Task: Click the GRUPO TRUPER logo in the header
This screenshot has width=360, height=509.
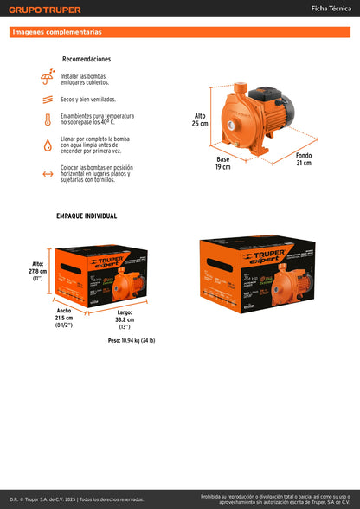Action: click(x=45, y=10)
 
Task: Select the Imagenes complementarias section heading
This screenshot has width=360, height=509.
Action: click(x=57, y=32)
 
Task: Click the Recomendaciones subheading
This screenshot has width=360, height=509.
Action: click(x=87, y=60)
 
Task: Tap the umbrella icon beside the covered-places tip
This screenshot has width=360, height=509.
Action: click(x=47, y=79)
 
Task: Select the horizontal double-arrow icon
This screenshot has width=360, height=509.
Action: click(x=47, y=173)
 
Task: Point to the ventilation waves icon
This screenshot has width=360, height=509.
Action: click(x=47, y=100)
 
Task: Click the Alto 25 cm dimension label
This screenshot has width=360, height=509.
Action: click(x=200, y=119)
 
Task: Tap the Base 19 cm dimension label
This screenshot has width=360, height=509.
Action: click(x=223, y=163)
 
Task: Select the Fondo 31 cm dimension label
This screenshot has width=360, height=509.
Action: click(x=303, y=158)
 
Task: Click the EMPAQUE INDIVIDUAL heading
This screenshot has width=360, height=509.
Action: click(x=87, y=216)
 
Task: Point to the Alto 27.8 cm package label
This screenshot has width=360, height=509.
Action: click(x=38, y=272)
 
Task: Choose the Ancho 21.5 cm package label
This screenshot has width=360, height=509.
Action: click(x=64, y=316)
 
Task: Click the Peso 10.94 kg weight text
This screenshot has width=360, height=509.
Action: click(x=132, y=341)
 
